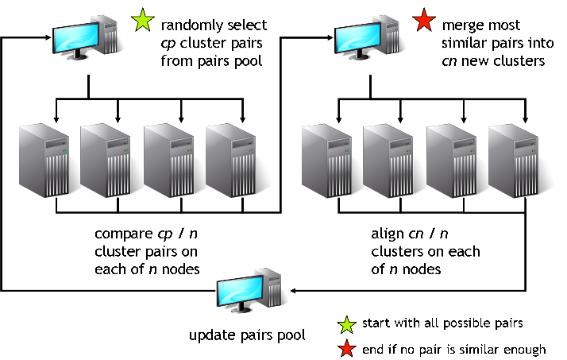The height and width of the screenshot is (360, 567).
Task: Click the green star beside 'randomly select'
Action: coord(144,22)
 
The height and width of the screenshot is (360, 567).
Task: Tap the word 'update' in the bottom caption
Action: coord(210,335)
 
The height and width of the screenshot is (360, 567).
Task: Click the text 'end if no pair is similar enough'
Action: coord(453,349)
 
